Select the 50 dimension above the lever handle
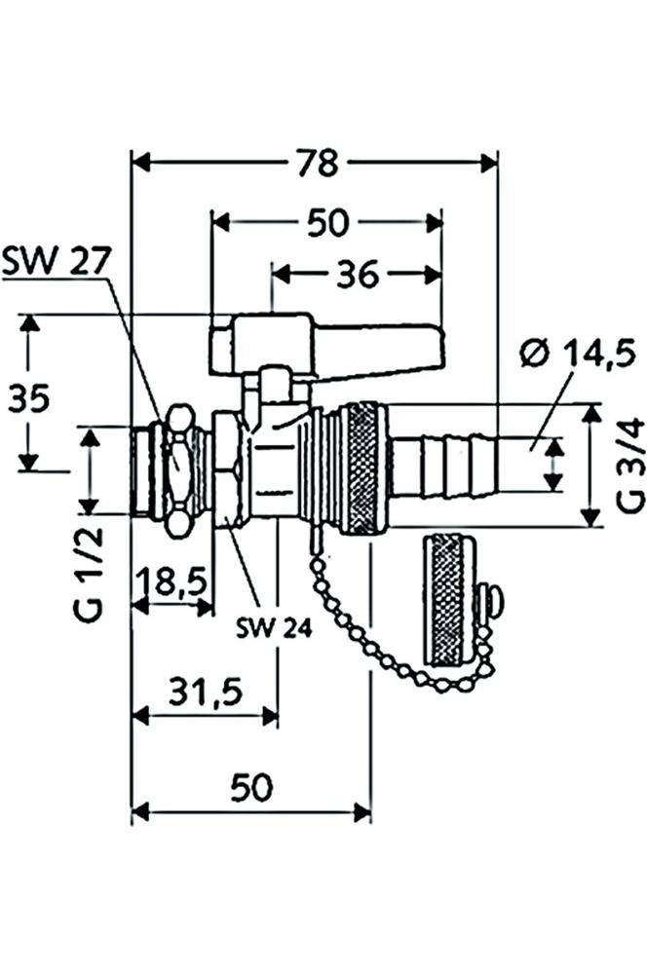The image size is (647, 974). click(x=326, y=223)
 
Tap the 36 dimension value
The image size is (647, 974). click(x=357, y=276)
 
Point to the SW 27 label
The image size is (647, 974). click(x=57, y=260)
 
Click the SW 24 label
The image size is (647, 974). click(x=274, y=629)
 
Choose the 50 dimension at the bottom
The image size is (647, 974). click(x=250, y=787)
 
